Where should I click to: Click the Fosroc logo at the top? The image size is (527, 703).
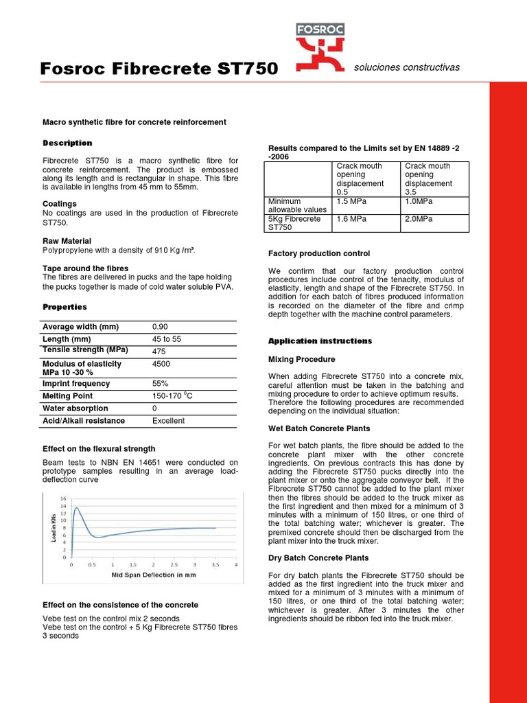tap(320, 47)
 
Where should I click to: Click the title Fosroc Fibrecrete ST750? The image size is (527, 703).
tap(160, 69)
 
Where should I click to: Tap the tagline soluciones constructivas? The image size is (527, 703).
tap(406, 67)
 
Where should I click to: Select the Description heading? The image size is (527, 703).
tap(67, 143)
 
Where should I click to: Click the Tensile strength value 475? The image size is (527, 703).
tap(160, 351)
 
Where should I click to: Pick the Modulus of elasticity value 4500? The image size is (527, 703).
tap(161, 364)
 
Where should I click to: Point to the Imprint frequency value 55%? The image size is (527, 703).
tap(160, 384)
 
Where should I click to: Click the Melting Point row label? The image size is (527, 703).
tap(67, 396)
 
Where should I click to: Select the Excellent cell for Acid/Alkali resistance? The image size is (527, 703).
tap(168, 421)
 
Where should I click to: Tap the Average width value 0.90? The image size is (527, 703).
tap(160, 327)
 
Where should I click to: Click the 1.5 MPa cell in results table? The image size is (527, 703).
tap(351, 201)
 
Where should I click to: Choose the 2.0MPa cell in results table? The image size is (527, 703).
tap(419, 219)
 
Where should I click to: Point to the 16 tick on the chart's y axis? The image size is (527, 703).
tap(65, 498)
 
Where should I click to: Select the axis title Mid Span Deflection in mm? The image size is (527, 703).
tap(154, 575)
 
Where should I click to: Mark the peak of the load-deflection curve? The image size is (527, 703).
tap(75, 508)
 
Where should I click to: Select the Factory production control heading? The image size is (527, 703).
tap(318, 253)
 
